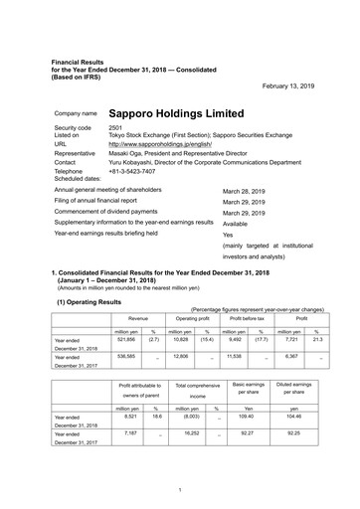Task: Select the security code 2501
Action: pos(115,129)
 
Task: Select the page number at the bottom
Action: pos(179,490)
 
